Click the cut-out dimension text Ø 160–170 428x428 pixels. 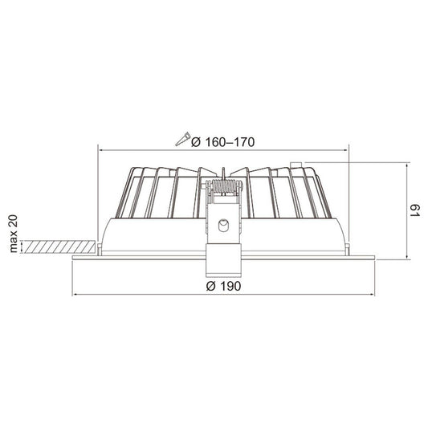(x=222, y=141)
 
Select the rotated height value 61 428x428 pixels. (x=415, y=212)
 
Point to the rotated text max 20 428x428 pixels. (x=13, y=234)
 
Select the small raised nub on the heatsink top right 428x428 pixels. (x=298, y=165)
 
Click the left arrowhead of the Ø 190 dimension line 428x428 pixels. (x=75, y=292)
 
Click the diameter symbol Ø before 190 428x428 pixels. (x=210, y=285)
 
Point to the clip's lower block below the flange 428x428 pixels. (x=222, y=263)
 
